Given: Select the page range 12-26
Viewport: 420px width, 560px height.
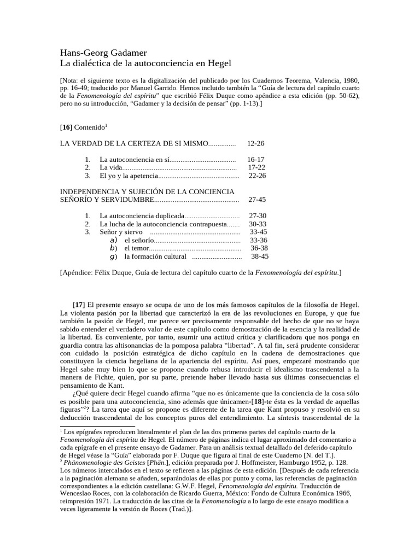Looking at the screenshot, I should (256, 143).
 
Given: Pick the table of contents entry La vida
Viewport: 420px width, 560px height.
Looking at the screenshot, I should (112, 167).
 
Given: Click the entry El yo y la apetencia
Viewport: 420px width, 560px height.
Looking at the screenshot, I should (129, 176).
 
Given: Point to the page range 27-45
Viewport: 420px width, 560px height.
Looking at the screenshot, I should (256, 200).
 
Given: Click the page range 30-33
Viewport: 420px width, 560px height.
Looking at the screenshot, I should (258, 224).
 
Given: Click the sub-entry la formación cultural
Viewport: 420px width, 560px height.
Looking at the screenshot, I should (155, 256).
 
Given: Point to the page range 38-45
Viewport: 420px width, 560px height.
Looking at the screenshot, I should (260, 256).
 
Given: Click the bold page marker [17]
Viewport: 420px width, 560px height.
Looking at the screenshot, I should (79, 304).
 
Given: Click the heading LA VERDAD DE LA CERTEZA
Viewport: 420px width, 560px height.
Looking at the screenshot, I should (133, 143).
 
